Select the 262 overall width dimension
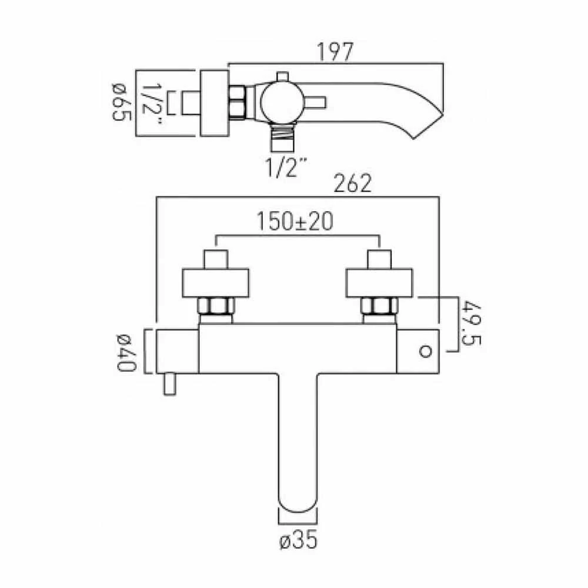pos(353,185)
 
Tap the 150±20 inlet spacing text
pos(295,222)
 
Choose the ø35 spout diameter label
pos(299,539)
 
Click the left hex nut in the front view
pos(216,307)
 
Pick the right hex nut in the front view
pos(379,307)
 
